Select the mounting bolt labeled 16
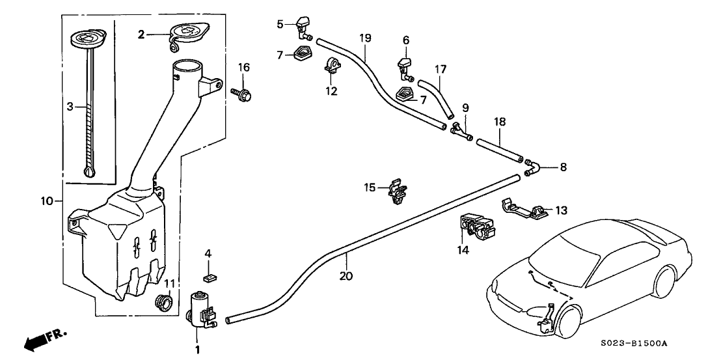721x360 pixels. [243, 95]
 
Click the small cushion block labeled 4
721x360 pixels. [210, 277]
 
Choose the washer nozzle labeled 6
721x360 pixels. [403, 66]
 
